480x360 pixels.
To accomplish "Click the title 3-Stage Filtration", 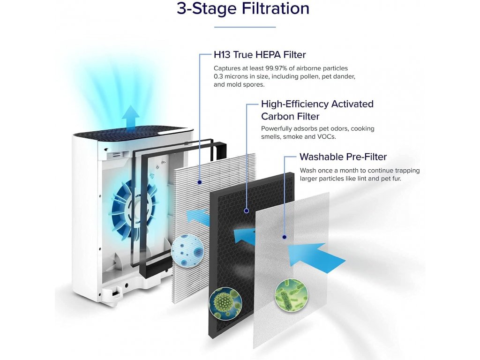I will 243,9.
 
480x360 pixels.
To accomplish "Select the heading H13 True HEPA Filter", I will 260,55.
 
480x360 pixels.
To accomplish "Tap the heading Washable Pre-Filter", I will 343,157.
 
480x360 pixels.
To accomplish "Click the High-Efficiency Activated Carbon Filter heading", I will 317,110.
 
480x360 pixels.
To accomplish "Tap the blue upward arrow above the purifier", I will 131,116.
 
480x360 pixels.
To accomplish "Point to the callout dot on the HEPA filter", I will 200,181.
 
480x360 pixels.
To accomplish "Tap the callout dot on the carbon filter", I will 246,211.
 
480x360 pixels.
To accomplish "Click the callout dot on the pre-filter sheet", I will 284,237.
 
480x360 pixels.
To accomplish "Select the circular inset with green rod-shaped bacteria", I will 288,293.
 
